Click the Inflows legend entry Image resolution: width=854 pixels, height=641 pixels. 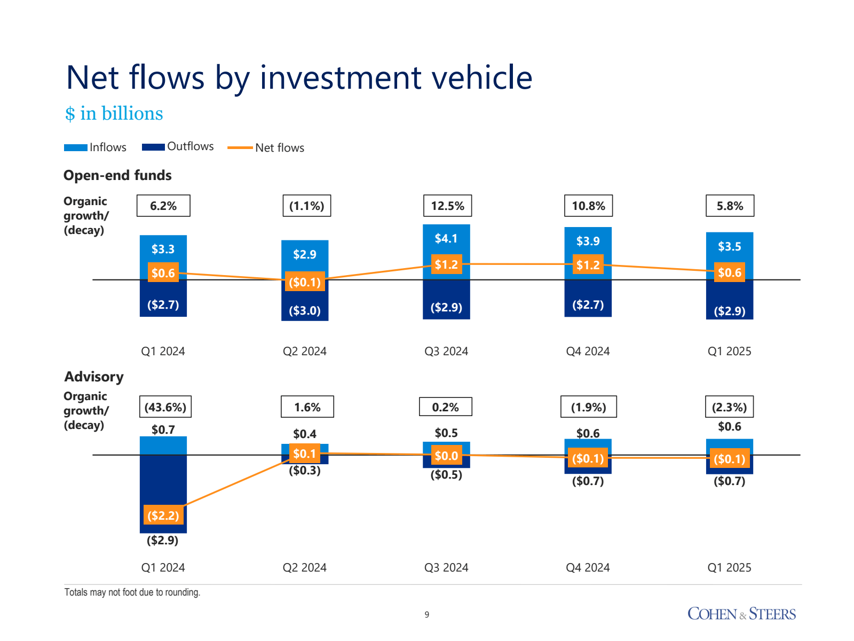[x=96, y=147]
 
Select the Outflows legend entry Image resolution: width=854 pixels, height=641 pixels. [x=178, y=147]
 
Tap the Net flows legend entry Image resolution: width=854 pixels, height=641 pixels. [x=266, y=148]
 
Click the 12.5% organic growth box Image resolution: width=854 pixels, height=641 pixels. [x=447, y=206]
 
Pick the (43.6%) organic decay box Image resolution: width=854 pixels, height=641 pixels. [x=165, y=407]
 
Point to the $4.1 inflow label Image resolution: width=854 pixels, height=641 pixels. [x=446, y=238]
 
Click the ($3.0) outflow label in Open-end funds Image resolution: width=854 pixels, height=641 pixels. [x=305, y=310]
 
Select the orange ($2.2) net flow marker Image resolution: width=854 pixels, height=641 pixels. [x=163, y=515]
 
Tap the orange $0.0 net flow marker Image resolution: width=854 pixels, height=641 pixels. [x=446, y=456]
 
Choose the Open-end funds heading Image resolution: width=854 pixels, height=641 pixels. [x=117, y=175]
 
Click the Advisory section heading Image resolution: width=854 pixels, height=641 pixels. [x=94, y=377]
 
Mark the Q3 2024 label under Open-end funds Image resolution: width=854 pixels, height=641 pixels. [x=446, y=351]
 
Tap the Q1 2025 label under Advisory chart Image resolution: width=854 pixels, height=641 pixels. [x=729, y=568]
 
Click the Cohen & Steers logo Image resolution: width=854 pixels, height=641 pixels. [x=741, y=614]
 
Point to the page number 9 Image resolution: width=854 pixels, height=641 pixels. [x=427, y=615]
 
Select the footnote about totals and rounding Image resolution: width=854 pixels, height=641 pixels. [x=132, y=592]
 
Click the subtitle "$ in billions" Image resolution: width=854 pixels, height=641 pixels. [x=114, y=114]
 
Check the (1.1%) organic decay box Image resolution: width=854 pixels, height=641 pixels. [x=306, y=206]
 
